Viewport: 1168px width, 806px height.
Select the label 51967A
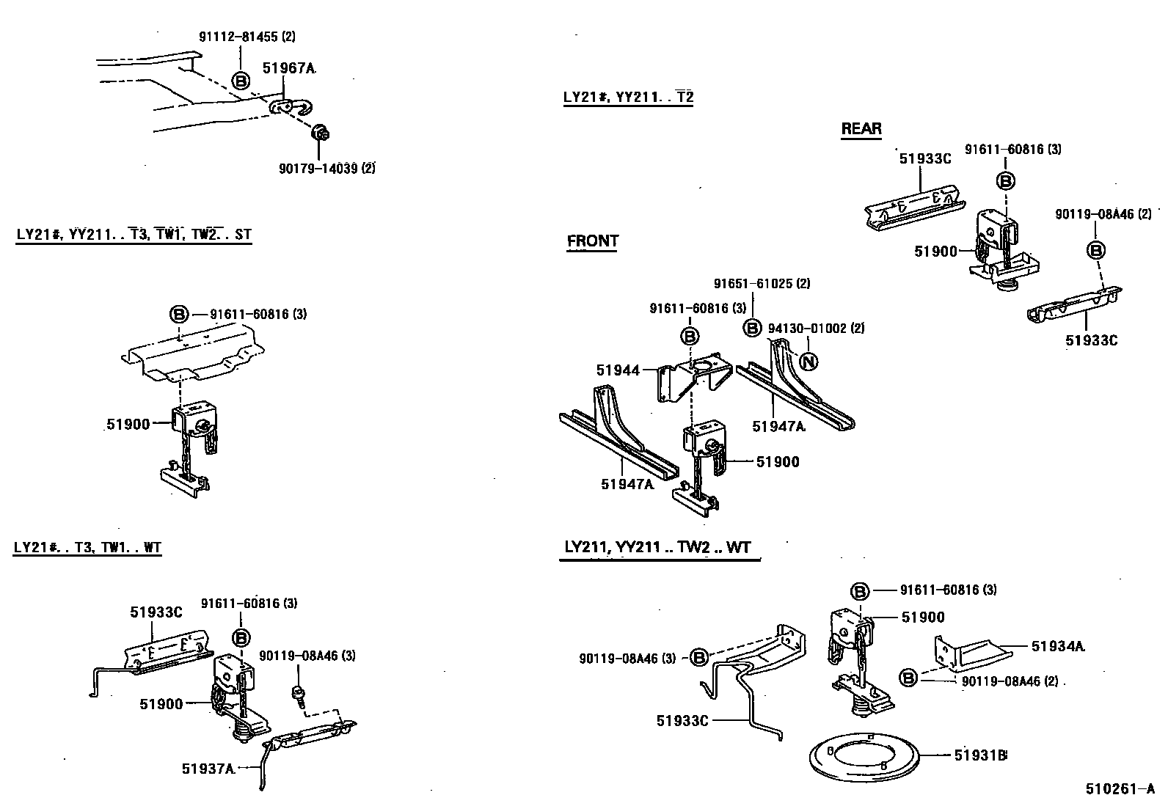288,68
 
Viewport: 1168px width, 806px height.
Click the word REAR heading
861,129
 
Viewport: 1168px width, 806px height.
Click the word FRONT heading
593,241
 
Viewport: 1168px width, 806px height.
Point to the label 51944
618,371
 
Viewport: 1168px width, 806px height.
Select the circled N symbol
808,361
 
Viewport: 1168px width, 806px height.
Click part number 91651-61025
762,283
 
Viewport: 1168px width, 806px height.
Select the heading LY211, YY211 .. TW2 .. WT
658,547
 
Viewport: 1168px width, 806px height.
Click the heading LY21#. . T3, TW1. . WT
87,547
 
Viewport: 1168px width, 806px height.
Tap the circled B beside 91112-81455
241,81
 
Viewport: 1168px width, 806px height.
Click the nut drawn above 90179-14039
319,133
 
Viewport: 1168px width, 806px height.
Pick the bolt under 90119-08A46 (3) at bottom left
299,693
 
